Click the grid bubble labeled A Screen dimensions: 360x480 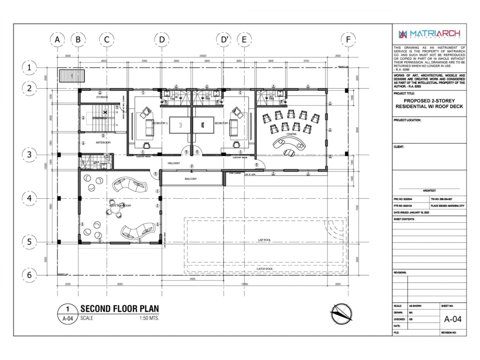click(x=57, y=39)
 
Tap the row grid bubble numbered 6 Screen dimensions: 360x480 click(x=29, y=275)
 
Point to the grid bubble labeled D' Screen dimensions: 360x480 click(x=224, y=39)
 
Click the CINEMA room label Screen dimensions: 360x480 click(x=291, y=134)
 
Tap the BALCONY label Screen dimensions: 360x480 click(x=191, y=179)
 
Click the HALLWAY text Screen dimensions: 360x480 click(x=173, y=164)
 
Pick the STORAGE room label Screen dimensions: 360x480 click(x=102, y=97)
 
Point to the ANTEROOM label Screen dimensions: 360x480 click(x=103, y=143)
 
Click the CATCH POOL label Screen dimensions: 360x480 click(x=265, y=268)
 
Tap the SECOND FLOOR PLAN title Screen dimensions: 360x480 click(x=119, y=309)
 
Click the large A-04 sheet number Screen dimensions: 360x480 click(x=453, y=319)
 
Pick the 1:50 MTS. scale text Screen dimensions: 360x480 click(x=149, y=318)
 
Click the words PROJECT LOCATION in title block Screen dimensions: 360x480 click(x=407, y=120)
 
